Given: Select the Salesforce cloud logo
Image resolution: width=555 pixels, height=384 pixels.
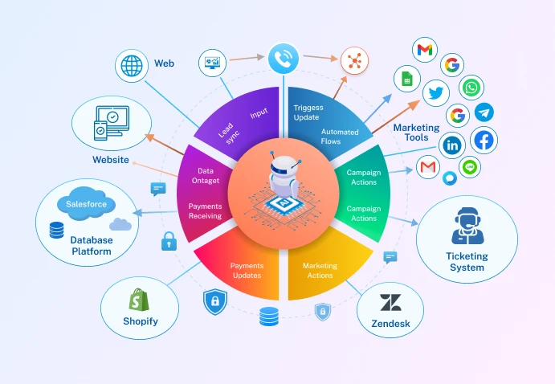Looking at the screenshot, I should (x=86, y=204).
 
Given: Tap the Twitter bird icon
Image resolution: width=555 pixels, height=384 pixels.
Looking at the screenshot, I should (x=436, y=94).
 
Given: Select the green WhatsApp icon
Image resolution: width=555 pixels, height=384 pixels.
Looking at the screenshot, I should (x=471, y=88).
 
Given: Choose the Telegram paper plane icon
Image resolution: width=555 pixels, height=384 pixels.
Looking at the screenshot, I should (x=485, y=112).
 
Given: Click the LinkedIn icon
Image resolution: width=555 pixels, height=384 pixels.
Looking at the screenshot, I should (x=453, y=145).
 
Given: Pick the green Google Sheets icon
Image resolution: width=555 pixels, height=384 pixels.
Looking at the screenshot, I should (x=407, y=79).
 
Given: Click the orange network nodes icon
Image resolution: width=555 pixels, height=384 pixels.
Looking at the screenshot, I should (x=353, y=59).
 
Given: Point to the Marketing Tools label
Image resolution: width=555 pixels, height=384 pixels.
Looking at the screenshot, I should (x=416, y=133).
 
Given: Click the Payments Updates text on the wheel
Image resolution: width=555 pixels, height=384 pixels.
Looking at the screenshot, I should (x=247, y=270).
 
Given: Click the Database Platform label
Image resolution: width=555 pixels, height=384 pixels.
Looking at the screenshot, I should (x=91, y=246).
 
